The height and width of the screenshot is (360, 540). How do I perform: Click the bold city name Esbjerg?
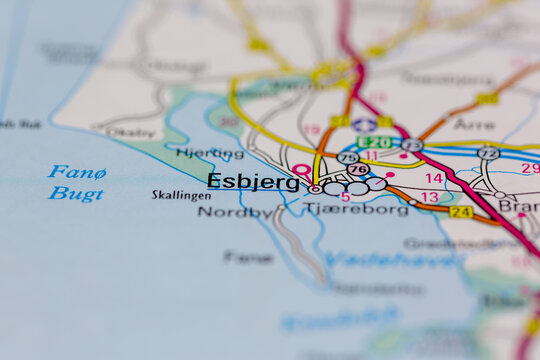coord(253,181)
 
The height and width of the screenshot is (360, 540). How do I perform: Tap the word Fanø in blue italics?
coord(77,172)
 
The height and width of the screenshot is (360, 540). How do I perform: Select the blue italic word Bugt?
coord(76,193)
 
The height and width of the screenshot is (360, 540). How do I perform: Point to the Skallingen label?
coord(181,196)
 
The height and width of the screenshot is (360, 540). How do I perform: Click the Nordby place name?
coord(234,212)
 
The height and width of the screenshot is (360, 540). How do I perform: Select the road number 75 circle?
coord(348,157)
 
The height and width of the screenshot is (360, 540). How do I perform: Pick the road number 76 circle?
coord(357,169)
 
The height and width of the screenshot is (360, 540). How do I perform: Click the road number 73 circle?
coord(411,145)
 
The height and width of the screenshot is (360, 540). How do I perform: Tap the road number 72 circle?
coord(488,153)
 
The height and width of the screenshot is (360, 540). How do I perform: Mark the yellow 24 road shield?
coord(460,212)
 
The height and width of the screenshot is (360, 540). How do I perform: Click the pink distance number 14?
coord(433,178)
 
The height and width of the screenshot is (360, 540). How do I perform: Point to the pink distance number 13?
coord(429,197)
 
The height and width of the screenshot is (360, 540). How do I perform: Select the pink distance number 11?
coord(370,156)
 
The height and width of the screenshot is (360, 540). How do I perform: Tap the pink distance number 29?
coord(530,168)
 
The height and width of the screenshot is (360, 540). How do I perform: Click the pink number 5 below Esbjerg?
coord(345,197)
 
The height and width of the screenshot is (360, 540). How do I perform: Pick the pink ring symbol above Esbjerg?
coord(301,170)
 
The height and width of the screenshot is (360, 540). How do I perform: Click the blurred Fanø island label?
coord(248,257)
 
